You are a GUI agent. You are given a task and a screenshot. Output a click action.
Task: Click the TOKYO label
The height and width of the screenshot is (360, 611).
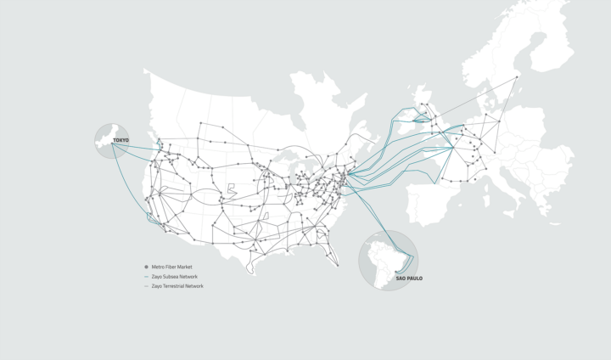point(121,140)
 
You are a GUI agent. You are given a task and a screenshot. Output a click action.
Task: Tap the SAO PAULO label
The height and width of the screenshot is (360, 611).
point(409,278)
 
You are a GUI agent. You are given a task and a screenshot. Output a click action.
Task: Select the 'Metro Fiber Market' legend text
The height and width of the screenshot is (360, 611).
point(175,267)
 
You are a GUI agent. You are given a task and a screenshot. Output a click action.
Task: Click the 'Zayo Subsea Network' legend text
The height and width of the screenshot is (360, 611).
point(177,276)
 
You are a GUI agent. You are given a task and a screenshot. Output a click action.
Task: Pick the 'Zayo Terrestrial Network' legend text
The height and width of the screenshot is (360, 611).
point(179,286)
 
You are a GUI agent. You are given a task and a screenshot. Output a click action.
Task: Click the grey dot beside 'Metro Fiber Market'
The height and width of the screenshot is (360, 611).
point(147,267)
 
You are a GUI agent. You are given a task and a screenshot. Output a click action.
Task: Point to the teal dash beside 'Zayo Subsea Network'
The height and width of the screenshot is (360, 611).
point(147,277)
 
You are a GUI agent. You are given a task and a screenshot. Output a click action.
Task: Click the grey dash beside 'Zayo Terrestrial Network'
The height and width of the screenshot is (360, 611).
point(147,286)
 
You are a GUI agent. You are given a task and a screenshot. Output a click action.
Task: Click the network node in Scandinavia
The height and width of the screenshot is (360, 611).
point(518,76)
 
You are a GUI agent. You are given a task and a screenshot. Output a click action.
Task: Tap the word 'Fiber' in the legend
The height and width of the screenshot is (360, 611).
point(173,267)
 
